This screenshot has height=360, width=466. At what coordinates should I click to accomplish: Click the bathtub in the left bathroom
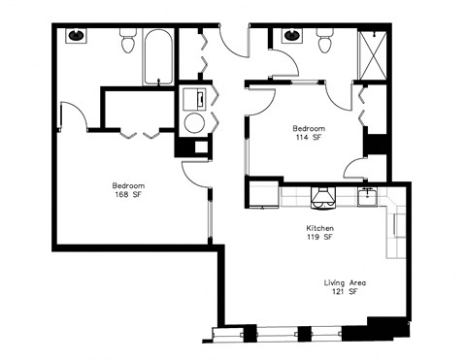pos(157,56)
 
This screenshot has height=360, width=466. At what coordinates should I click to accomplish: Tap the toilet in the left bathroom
pos(128,42)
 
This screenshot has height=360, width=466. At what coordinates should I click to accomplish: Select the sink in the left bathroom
pos(77,37)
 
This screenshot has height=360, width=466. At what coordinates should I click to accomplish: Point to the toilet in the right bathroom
pos(324,42)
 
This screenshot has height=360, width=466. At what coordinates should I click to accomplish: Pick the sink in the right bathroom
pos(290,37)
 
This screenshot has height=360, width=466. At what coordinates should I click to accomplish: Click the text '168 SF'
pos(128,194)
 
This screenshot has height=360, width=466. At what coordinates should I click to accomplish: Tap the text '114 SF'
pos(309,138)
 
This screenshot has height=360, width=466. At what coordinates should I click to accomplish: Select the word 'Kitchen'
pos(320,227)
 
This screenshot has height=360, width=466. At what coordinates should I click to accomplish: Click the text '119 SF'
pos(320,237)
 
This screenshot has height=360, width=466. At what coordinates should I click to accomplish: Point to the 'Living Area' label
pos(345,282)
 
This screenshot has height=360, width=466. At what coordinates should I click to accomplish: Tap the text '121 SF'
pos(345,292)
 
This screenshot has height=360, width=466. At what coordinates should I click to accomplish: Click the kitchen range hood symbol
pos(321,198)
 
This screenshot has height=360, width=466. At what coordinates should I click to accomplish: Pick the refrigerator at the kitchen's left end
pos(261,194)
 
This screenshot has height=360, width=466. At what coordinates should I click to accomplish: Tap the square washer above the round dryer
pos(192,99)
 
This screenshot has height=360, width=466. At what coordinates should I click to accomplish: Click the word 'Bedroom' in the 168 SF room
pos(128,184)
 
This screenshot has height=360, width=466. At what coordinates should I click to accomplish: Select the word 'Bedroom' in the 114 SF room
pos(309,128)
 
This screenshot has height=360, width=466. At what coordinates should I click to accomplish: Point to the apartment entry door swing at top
pos(234,44)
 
